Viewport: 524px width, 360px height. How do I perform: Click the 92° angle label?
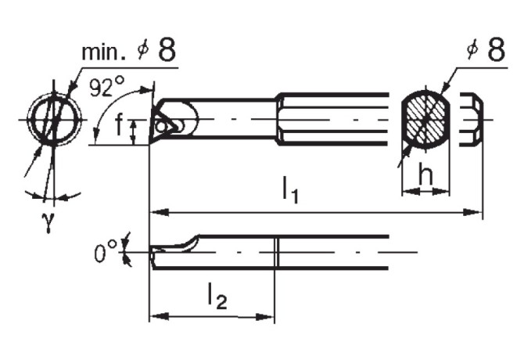click(x=106, y=88)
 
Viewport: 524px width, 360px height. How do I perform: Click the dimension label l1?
click(x=290, y=191)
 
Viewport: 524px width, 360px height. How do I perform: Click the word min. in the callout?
click(x=104, y=53)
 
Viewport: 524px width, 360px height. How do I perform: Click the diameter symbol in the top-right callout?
click(x=472, y=52)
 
